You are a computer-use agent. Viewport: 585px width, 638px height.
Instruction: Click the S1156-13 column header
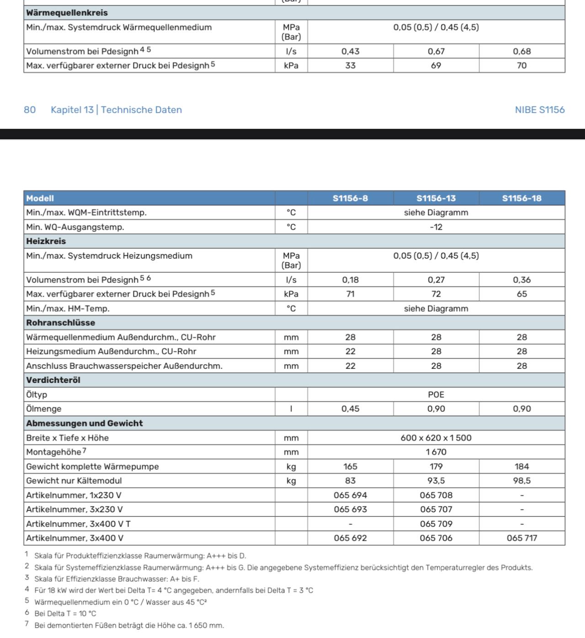[x=436, y=198]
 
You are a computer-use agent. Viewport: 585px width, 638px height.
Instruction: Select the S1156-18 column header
[x=521, y=198]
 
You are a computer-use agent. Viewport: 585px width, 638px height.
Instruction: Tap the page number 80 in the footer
[x=30, y=110]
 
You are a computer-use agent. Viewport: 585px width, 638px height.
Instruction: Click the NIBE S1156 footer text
[x=539, y=110]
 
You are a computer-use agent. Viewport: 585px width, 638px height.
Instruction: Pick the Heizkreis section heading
[x=46, y=241]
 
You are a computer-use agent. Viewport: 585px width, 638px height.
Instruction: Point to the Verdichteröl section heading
[x=53, y=380]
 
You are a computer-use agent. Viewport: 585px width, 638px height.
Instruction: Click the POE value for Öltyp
[x=436, y=394]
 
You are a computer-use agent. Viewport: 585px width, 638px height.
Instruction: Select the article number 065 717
[x=521, y=538]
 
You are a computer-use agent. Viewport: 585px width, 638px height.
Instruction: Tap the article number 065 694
[x=350, y=495]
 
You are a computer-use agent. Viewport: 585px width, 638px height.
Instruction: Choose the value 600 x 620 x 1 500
[x=436, y=438]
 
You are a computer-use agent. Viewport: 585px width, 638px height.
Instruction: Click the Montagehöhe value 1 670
[x=436, y=452]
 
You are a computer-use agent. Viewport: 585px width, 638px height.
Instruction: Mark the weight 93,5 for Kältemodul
[x=436, y=481]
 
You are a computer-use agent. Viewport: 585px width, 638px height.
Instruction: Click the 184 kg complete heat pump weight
[x=521, y=467]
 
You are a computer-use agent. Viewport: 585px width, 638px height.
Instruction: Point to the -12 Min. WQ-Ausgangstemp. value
[x=436, y=227]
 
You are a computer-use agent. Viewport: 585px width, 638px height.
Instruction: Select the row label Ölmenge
[x=44, y=409]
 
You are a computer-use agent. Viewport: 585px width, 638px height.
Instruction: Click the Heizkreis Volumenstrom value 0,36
[x=521, y=280]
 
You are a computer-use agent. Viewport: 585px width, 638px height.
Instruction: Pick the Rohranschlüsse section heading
[x=61, y=323]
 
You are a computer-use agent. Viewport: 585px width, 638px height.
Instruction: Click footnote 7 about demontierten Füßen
[x=129, y=625]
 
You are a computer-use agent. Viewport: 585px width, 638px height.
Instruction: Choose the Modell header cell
[x=40, y=198]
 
